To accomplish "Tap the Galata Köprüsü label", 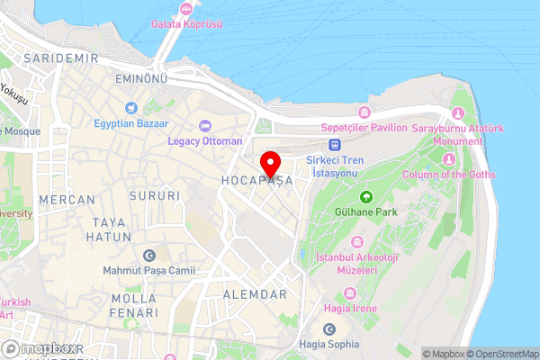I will pyautogui.click(x=187, y=23).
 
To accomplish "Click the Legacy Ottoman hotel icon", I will pyautogui.click(x=204, y=125).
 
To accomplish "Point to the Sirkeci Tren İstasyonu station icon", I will pyautogui.click(x=335, y=143).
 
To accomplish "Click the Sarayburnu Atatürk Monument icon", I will pyautogui.click(x=458, y=113).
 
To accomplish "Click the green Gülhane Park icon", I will pyautogui.click(x=366, y=196).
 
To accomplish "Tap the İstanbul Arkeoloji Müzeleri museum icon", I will pyautogui.click(x=357, y=242).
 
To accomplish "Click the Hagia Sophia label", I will pyautogui.click(x=328, y=344).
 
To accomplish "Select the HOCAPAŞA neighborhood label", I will pyautogui.click(x=257, y=181).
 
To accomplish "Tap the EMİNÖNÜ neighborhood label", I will pyautogui.click(x=142, y=80).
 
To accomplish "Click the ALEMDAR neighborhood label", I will pyautogui.click(x=255, y=294).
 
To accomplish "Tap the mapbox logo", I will pyautogui.click(x=42, y=348).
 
